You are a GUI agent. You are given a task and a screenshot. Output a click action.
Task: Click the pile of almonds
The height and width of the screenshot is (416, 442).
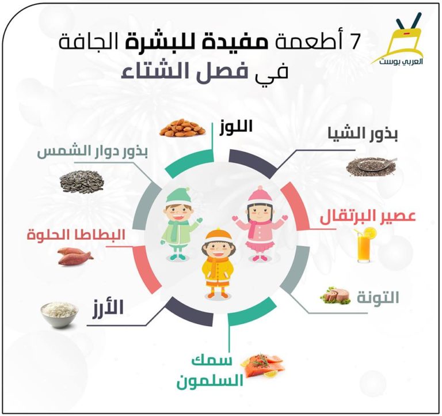pos(182,128)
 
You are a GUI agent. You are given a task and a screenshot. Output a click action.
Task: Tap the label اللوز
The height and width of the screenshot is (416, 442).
pos(236,127)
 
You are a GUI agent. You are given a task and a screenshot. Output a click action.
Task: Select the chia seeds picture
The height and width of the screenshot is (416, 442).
pos(371,167)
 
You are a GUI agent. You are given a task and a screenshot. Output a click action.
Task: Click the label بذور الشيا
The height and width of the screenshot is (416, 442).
pos(363,135)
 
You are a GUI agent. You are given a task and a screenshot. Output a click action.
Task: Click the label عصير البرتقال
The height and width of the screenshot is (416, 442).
pos(368,216)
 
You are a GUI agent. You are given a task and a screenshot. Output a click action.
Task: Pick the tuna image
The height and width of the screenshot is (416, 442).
pos(336,296)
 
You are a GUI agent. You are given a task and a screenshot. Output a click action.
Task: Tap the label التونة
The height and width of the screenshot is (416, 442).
pos(378,297)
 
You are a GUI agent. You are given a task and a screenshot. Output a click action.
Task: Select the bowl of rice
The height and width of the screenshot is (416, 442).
pos(59,315)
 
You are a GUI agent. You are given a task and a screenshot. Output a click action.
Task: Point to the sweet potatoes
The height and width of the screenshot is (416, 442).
pos(75,256)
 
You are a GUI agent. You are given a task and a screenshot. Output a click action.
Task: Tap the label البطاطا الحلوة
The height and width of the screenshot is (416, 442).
pos(76,235)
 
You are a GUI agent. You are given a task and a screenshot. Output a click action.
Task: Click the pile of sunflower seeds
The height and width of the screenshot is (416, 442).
pos(82,181)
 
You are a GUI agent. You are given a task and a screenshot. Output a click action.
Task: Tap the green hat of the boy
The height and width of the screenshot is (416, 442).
pos(178,196)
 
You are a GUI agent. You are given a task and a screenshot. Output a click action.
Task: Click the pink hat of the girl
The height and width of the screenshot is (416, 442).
pos(261,195)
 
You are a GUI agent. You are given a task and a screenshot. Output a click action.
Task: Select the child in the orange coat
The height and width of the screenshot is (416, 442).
pos(218,263)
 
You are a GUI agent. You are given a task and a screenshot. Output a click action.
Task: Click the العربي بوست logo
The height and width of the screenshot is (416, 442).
pos(398,39)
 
